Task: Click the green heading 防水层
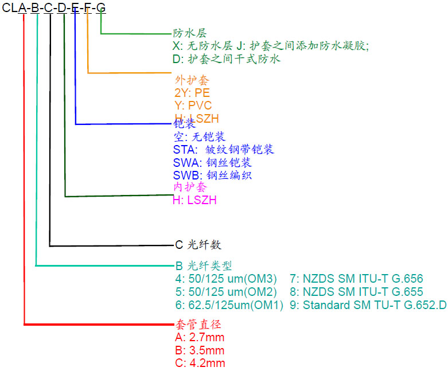point(186,33)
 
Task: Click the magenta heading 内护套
point(186,187)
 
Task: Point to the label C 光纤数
point(198,245)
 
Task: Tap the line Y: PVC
point(193,106)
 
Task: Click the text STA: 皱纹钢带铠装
point(223,150)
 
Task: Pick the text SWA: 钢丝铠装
point(212,162)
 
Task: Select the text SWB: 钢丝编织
point(212,175)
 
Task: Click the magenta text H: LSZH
point(194,200)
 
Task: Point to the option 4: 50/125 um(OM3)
point(225,279)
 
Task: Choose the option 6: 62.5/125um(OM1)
point(229,305)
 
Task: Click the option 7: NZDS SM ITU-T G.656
point(356,279)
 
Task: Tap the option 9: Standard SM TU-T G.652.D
point(368,305)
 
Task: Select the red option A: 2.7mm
point(198,337)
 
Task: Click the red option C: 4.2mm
point(199,363)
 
